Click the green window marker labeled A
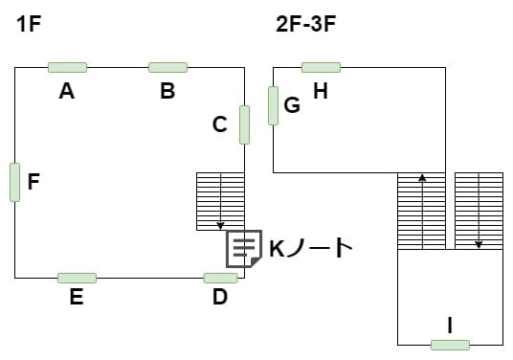(x=67, y=67)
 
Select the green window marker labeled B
(x=167, y=67)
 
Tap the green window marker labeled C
(x=244, y=124)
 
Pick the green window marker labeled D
(x=220, y=278)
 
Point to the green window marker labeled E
(x=77, y=278)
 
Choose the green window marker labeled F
(x=14, y=182)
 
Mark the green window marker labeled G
(x=273, y=105)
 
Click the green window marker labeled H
(x=321, y=67)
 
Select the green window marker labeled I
(x=450, y=345)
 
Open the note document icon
(x=244, y=249)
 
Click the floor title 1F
(x=29, y=24)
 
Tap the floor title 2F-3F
(x=306, y=24)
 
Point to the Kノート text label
(x=311, y=248)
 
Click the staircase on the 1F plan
(x=220, y=201)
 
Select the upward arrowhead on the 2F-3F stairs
(x=422, y=178)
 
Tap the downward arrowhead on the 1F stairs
(x=220, y=226)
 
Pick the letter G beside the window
(x=292, y=105)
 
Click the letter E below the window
(x=77, y=297)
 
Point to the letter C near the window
(x=219, y=124)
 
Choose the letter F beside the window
(x=33, y=182)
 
